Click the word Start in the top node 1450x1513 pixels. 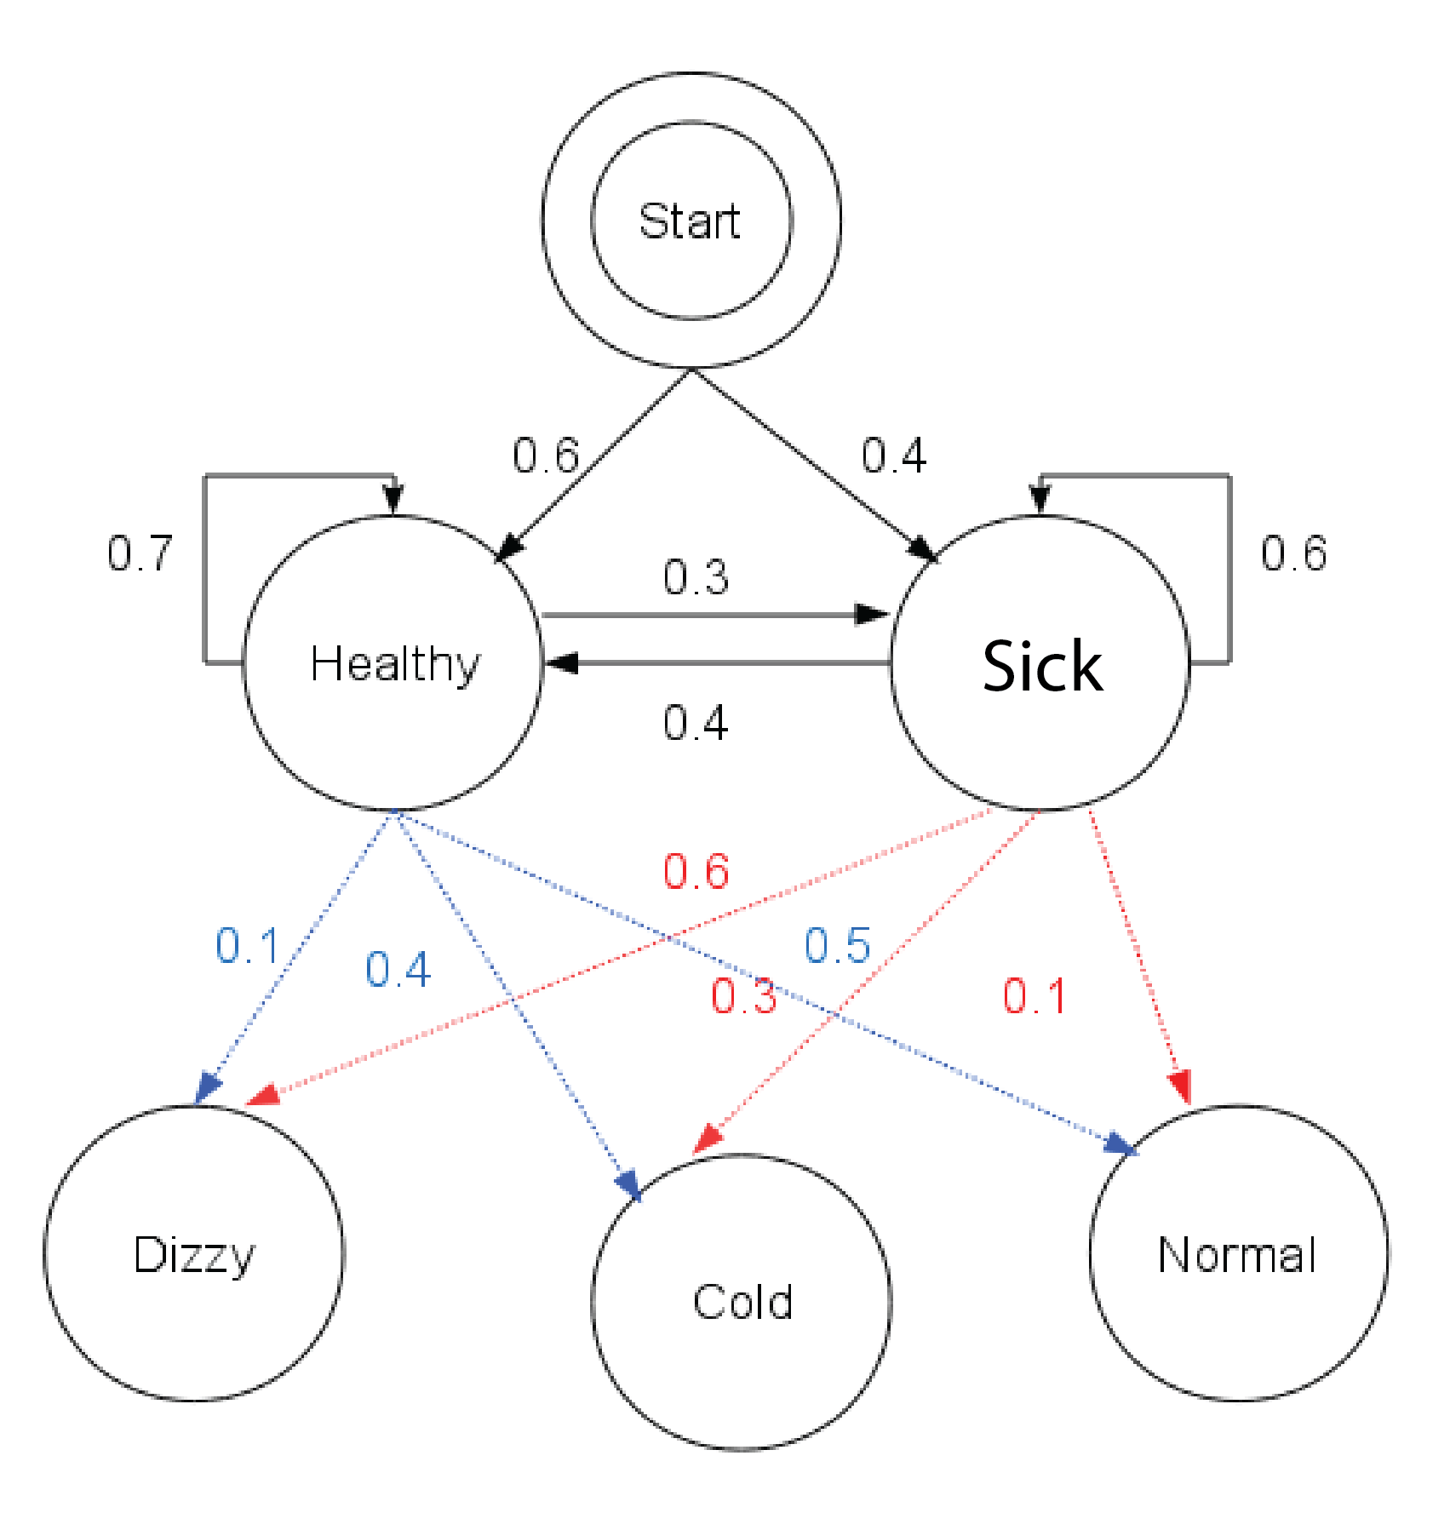click(689, 221)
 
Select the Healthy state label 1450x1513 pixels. click(395, 664)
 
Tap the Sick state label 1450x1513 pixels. click(1041, 666)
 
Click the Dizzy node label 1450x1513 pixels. click(194, 1255)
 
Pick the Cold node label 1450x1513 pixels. click(742, 1302)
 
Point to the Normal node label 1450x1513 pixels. click(1237, 1255)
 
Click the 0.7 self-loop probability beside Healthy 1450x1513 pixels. click(140, 553)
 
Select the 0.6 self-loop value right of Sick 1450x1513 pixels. click(1293, 553)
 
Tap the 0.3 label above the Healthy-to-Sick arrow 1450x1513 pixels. click(696, 577)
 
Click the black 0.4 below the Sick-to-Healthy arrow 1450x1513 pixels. click(696, 723)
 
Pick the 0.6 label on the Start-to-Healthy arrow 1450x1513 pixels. click(546, 456)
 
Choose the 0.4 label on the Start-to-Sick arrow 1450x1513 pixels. click(893, 456)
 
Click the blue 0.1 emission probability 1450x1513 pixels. click(247, 946)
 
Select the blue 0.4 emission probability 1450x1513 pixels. click(398, 970)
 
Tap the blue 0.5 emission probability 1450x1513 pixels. click(837, 946)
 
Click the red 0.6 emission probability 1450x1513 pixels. click(696, 872)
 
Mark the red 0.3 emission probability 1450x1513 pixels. click(743, 996)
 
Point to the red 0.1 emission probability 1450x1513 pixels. click(1034, 996)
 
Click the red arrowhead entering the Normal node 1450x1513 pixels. click(1180, 1087)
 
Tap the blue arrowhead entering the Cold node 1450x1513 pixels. click(629, 1184)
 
